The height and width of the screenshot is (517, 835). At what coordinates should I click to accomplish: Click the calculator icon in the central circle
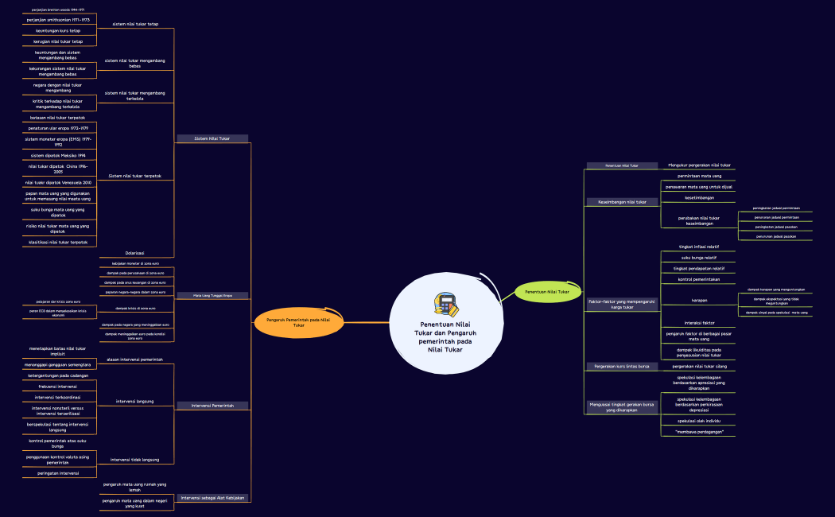[x=445, y=304]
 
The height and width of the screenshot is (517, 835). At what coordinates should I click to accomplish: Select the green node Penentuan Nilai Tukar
[x=546, y=292]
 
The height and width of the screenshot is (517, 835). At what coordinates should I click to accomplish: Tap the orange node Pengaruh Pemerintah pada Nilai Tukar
[x=298, y=321]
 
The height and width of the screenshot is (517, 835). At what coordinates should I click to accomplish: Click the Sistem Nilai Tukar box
[x=212, y=138]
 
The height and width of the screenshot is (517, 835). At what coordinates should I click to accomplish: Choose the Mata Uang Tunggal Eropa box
[x=212, y=296]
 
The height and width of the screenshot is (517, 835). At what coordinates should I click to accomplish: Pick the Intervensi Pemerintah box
[x=212, y=406]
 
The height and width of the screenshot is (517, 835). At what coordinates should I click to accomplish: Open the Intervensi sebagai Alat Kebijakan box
[x=212, y=498]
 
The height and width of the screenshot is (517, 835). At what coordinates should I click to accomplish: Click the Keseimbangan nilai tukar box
[x=622, y=202]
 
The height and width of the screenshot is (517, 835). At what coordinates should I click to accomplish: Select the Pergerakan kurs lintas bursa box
[x=622, y=367]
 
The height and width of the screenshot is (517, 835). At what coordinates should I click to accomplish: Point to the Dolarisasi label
[x=134, y=253]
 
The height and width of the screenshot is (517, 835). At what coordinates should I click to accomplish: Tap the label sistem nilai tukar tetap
[x=135, y=24]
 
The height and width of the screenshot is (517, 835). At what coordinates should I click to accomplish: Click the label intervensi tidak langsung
[x=134, y=460]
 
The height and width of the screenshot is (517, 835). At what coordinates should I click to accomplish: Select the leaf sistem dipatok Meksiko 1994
[x=58, y=155]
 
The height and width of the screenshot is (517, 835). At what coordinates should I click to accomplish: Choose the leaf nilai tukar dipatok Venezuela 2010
[x=58, y=182]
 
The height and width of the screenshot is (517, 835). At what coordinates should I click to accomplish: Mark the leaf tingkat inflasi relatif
[x=698, y=247]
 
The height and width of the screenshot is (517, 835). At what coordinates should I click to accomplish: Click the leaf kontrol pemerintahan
[x=698, y=279]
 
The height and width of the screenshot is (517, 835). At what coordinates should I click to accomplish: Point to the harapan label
[x=698, y=301]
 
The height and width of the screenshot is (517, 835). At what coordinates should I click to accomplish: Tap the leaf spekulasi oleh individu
[x=698, y=420]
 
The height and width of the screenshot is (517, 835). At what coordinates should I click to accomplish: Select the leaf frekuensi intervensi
[x=58, y=386]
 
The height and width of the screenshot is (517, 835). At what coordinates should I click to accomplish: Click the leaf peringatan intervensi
[x=58, y=472]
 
